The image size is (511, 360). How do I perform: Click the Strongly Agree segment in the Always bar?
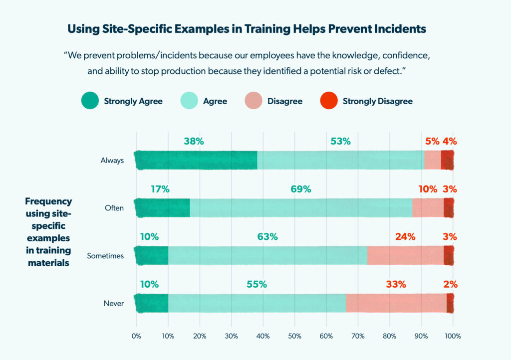click(x=196, y=160)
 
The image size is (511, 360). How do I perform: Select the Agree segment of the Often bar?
click(x=301, y=208)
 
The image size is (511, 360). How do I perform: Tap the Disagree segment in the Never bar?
click(x=396, y=303)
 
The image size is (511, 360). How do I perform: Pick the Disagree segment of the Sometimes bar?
click(x=405, y=255)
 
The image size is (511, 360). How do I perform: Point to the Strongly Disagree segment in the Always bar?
click(x=448, y=160)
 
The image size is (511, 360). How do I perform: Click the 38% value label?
click(x=194, y=141)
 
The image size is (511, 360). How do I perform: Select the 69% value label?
click(x=301, y=189)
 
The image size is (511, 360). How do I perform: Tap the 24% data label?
click(x=405, y=237)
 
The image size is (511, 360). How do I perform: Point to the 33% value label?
click(x=396, y=285)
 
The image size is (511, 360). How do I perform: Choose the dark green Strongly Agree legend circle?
click(x=90, y=101)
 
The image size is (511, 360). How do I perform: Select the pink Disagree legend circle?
click(x=253, y=101)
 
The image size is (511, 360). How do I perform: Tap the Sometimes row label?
click(x=105, y=256)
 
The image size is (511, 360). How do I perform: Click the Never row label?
click(x=114, y=304)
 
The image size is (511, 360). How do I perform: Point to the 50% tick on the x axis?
click(x=294, y=336)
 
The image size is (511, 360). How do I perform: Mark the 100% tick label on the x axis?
click(x=453, y=336)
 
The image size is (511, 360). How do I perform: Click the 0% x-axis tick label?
click(x=136, y=336)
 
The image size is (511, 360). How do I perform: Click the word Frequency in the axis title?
click(x=48, y=202)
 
